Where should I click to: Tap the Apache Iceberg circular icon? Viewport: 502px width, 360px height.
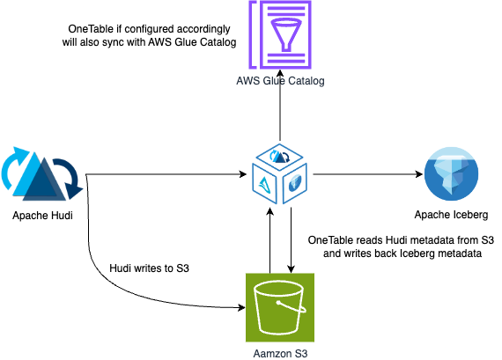click(452, 174)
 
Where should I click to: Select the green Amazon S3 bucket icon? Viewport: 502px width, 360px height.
click(279, 305)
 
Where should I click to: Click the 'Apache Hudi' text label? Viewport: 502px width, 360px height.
click(43, 216)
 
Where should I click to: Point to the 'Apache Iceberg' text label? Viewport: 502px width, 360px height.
click(452, 216)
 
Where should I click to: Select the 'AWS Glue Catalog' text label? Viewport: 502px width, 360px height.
click(280, 81)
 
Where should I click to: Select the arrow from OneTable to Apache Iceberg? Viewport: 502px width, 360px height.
click(365, 174)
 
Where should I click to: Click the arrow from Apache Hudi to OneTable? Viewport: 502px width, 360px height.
click(167, 174)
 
